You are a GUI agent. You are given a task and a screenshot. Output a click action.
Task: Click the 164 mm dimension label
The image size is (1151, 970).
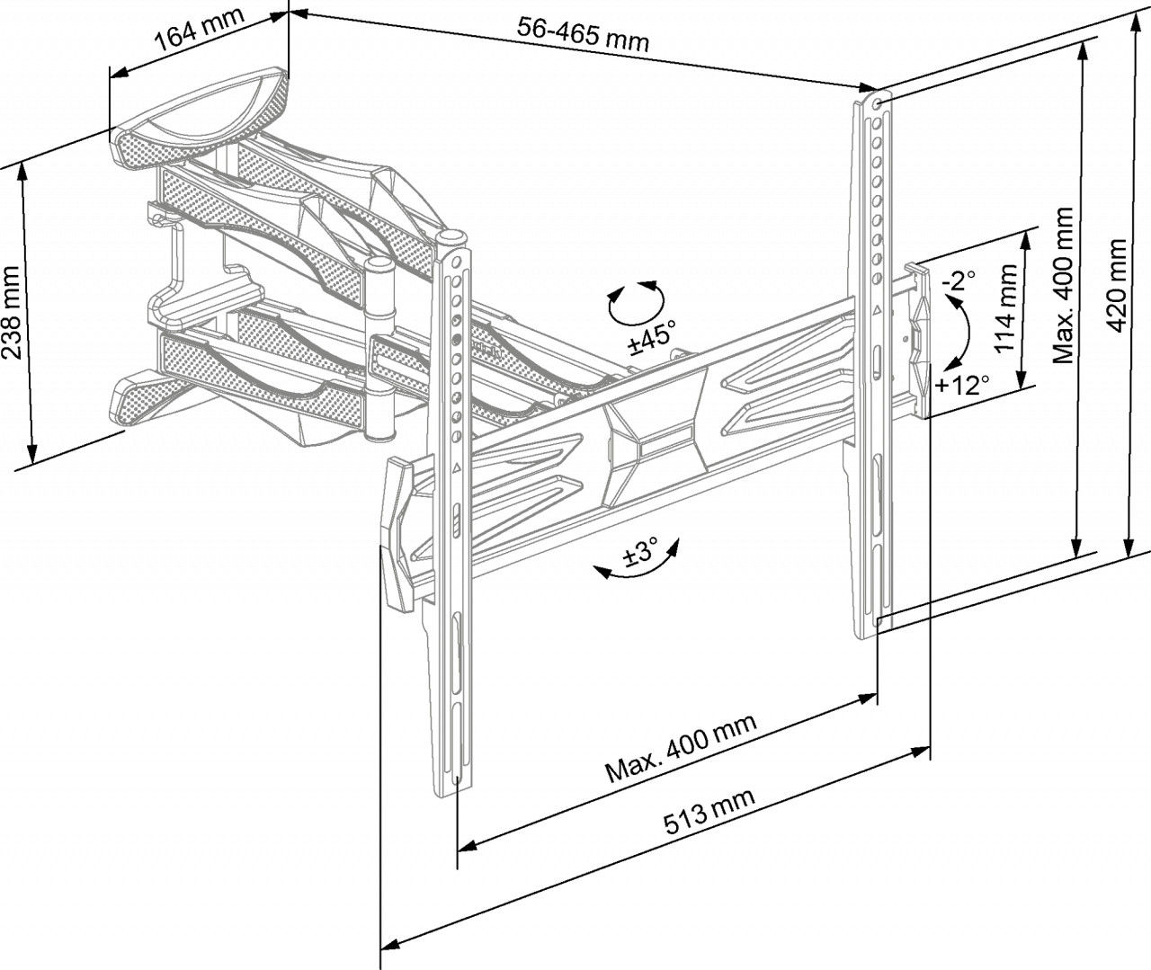pyautogui.click(x=193, y=33)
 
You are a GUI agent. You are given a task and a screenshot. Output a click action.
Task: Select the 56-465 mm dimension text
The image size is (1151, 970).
pyautogui.click(x=583, y=34)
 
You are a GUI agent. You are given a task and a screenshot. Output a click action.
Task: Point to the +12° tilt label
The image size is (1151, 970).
pyautogui.click(x=962, y=386)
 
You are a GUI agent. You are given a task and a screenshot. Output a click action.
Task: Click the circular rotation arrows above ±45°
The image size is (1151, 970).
pyautogui.click(x=636, y=302)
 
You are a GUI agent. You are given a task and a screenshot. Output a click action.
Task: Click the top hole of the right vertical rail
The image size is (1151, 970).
pyautogui.click(x=877, y=102)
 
